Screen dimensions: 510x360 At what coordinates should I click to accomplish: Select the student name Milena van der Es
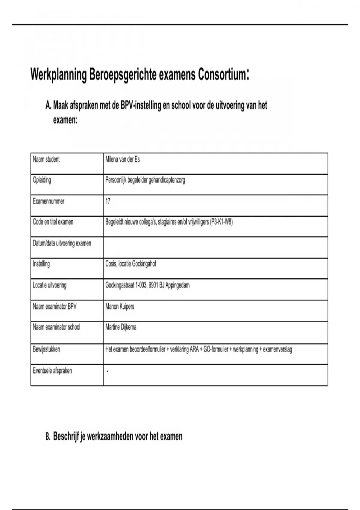coord(122,159)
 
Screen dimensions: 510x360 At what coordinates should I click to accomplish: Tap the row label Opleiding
coord(42,180)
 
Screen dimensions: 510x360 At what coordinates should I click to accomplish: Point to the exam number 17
coord(108,201)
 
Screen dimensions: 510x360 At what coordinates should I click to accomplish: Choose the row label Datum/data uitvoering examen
coord(62,243)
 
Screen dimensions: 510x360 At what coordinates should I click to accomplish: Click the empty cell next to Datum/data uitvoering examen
coord(215,247)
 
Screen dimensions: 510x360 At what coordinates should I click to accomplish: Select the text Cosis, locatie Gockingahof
coord(130,264)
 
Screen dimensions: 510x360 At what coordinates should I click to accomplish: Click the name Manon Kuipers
coord(120,307)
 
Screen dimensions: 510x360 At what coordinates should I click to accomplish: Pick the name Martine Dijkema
coord(121,327)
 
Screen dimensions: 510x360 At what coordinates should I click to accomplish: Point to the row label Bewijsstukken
coord(46,349)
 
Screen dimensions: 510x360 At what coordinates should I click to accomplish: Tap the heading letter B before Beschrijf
coord(48,437)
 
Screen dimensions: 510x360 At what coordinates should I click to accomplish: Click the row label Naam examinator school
coord(56,327)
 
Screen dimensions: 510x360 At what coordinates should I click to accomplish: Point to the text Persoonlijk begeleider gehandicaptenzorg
coord(145,180)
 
